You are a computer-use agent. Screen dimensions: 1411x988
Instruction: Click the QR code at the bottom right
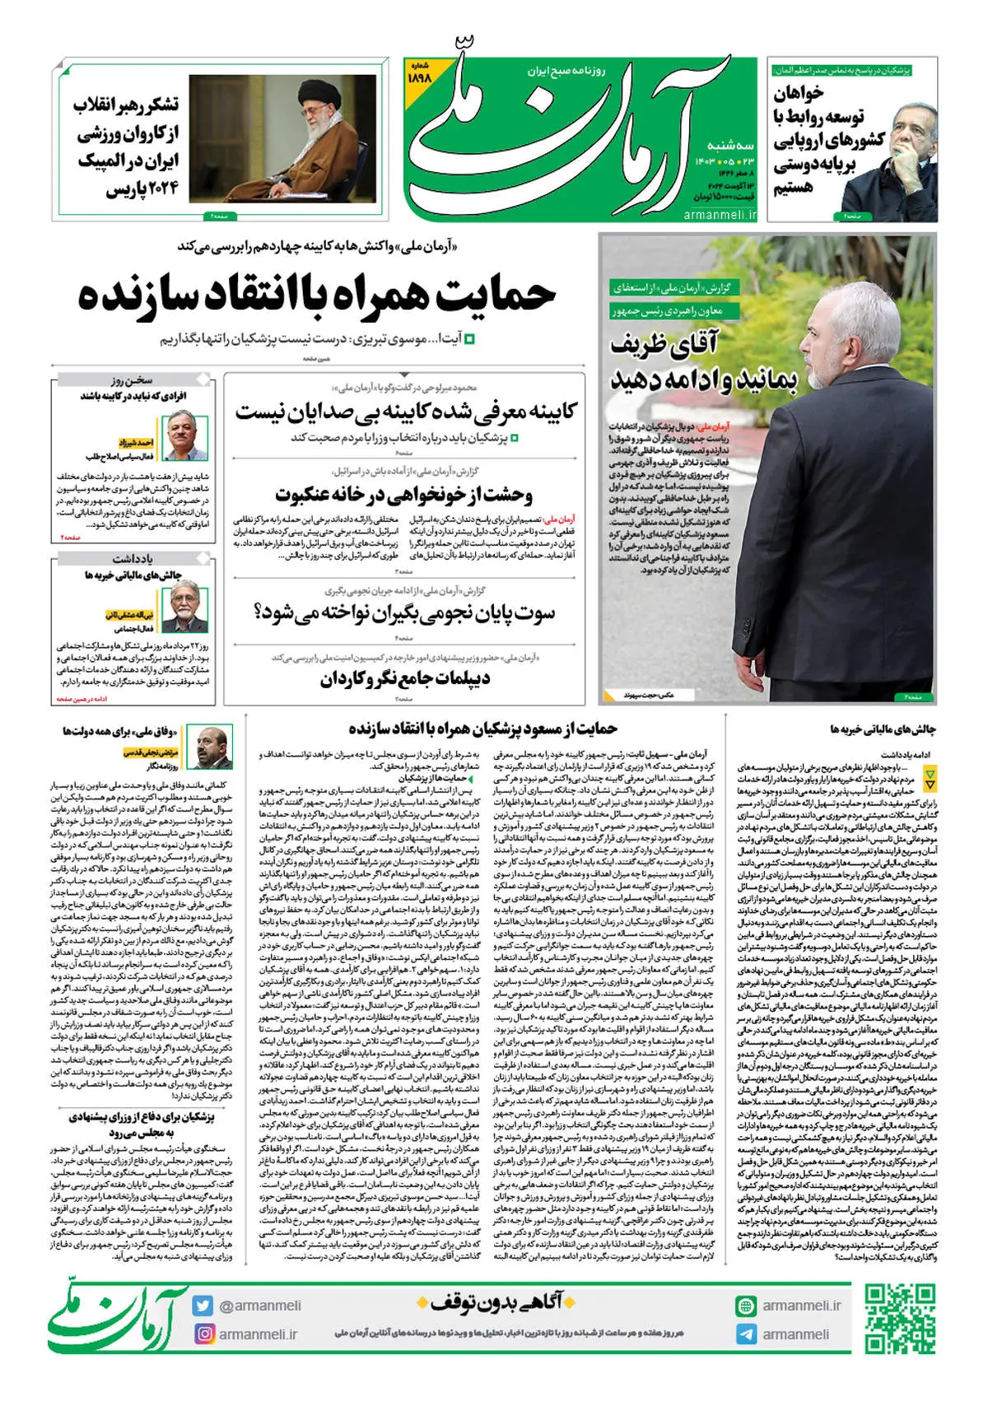click(x=899, y=1319)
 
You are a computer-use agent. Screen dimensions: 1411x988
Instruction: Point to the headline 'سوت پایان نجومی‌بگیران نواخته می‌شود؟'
click(x=404, y=613)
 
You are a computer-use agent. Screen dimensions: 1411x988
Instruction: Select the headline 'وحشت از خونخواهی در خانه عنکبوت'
click(x=404, y=495)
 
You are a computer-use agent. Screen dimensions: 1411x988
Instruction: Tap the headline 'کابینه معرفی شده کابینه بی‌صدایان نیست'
click(x=406, y=411)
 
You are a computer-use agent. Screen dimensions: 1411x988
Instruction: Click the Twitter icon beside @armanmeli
click(x=203, y=1306)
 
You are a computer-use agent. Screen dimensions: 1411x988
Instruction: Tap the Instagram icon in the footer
click(x=203, y=1334)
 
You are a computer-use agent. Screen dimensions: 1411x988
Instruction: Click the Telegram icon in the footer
click(x=746, y=1334)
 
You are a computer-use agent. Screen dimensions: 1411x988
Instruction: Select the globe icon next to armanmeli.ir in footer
click(x=746, y=1306)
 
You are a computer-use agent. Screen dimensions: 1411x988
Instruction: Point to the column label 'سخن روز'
click(x=133, y=380)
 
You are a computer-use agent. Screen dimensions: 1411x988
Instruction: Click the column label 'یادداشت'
click(x=133, y=559)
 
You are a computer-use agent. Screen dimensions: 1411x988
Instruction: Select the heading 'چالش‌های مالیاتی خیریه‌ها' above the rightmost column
click(x=883, y=729)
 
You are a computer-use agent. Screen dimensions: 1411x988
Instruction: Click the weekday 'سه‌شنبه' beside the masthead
click(x=730, y=145)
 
